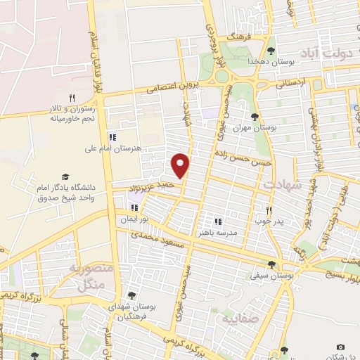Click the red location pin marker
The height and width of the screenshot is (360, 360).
(181, 165)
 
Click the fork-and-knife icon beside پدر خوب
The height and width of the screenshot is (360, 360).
(269, 210)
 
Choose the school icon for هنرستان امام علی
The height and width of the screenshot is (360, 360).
(111, 137)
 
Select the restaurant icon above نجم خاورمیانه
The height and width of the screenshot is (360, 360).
(72, 98)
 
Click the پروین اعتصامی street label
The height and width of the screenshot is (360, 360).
(172, 87)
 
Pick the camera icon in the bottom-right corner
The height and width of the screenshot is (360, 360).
(341, 347)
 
